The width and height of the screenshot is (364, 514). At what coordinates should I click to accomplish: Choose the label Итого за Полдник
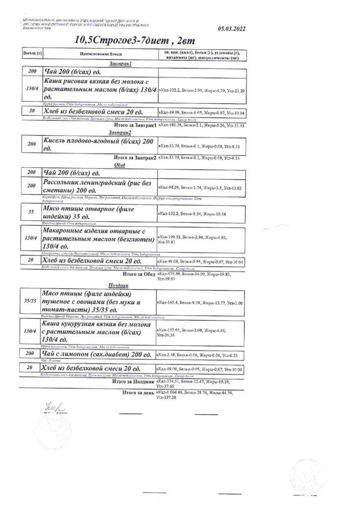[132, 382]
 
